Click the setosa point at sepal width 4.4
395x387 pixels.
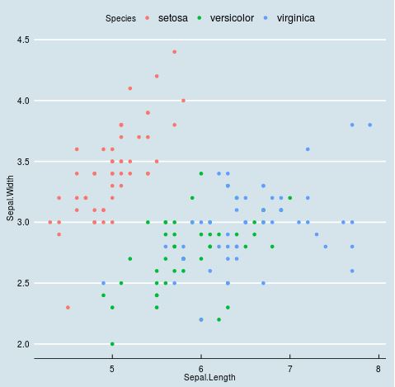[174, 52]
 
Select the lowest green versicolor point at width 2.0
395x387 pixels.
[112, 344]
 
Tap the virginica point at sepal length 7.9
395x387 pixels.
[369, 125]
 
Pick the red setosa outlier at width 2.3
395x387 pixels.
[68, 307]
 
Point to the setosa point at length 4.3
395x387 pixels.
[50, 222]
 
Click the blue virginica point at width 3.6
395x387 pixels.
[308, 149]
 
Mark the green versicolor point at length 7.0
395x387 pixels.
[289, 198]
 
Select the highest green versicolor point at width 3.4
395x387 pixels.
[200, 173]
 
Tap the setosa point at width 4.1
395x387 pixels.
[129, 88]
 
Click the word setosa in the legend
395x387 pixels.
[173, 17]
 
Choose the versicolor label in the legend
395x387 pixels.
[232, 17]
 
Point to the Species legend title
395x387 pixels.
[120, 18]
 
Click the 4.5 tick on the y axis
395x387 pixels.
[23, 40]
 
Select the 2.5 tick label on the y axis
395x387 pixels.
[23, 283]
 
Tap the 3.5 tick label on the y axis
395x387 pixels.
[23, 162]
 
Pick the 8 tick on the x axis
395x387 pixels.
[379, 368]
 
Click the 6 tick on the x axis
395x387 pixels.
[200, 368]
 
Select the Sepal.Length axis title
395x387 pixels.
[209, 378]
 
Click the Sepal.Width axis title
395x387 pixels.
[11, 200]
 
